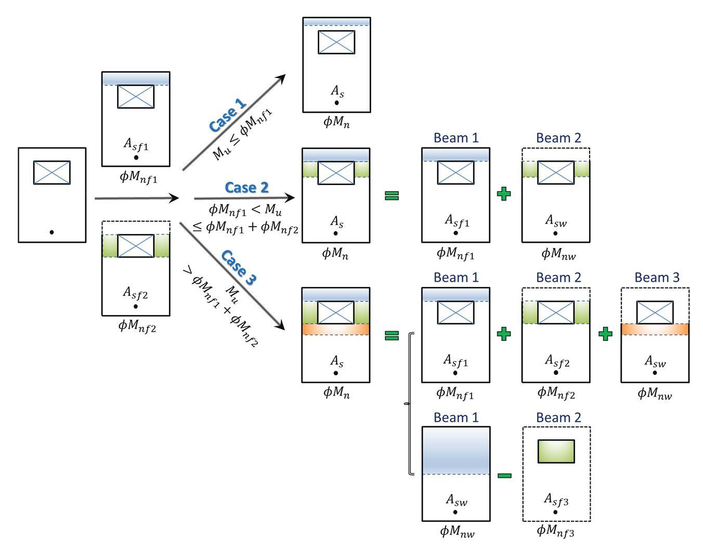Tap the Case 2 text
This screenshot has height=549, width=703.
[x=246, y=187]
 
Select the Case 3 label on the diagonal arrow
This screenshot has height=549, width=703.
[x=239, y=267]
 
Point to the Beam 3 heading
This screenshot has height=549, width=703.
[x=657, y=278]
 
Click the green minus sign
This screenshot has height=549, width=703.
[x=504, y=475]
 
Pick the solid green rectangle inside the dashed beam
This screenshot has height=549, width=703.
[x=556, y=451]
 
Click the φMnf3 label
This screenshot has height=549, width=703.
[x=555, y=531]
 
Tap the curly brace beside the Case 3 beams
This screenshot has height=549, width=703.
[x=409, y=403]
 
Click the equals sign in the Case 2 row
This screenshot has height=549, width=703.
[x=392, y=195]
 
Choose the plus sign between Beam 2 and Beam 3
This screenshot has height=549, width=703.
[x=605, y=333]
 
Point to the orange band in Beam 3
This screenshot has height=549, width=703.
[x=655, y=329]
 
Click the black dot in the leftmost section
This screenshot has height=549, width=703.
[x=51, y=232]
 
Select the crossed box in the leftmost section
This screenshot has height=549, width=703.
[x=52, y=173]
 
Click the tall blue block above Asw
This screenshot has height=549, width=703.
[x=455, y=450]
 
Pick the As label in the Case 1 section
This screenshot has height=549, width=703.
[x=337, y=91]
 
